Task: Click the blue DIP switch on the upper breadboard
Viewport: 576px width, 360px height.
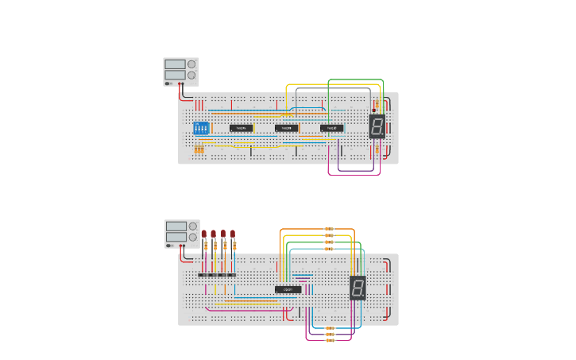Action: [201, 128]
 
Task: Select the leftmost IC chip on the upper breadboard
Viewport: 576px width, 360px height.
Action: [242, 128]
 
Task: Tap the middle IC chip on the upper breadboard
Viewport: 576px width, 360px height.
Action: [287, 128]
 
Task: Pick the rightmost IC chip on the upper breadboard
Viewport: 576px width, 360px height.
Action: [332, 128]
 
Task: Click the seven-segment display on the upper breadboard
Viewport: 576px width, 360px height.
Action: [377, 126]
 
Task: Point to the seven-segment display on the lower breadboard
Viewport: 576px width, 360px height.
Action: [358, 288]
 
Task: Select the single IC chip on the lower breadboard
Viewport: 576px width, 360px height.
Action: [288, 289]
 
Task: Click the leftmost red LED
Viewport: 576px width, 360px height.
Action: [204, 234]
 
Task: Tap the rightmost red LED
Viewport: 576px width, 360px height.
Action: [233, 234]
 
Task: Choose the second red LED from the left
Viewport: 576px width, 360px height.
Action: [214, 234]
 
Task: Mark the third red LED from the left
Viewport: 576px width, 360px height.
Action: [223, 234]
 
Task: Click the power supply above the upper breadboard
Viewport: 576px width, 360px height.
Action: [180, 71]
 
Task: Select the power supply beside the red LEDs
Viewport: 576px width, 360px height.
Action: [181, 233]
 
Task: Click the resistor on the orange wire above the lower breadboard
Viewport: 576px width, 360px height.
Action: [329, 230]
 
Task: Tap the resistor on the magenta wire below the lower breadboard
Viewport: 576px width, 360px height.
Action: [329, 339]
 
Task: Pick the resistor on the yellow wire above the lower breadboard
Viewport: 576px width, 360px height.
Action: [329, 236]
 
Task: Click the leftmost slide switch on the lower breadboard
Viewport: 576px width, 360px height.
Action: [203, 275]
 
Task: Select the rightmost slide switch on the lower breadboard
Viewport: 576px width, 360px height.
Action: [232, 275]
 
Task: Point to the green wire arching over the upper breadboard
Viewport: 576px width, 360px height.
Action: [356, 79]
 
